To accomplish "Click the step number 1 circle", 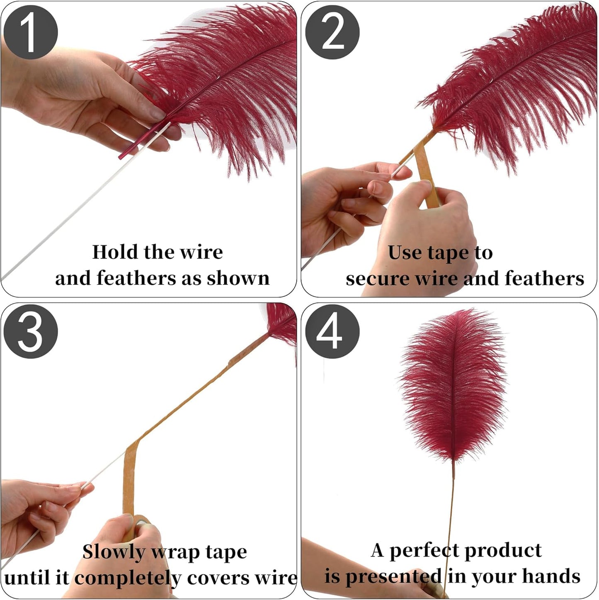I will [x=30, y=32].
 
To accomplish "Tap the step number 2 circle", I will [x=332, y=32].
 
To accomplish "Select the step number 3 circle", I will [x=30, y=332].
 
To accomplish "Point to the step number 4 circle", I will [x=332, y=332].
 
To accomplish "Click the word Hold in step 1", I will [x=110, y=252].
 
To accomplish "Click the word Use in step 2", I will [x=405, y=253].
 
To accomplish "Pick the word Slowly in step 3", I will [x=114, y=552].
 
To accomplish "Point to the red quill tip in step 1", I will [x=124, y=153].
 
